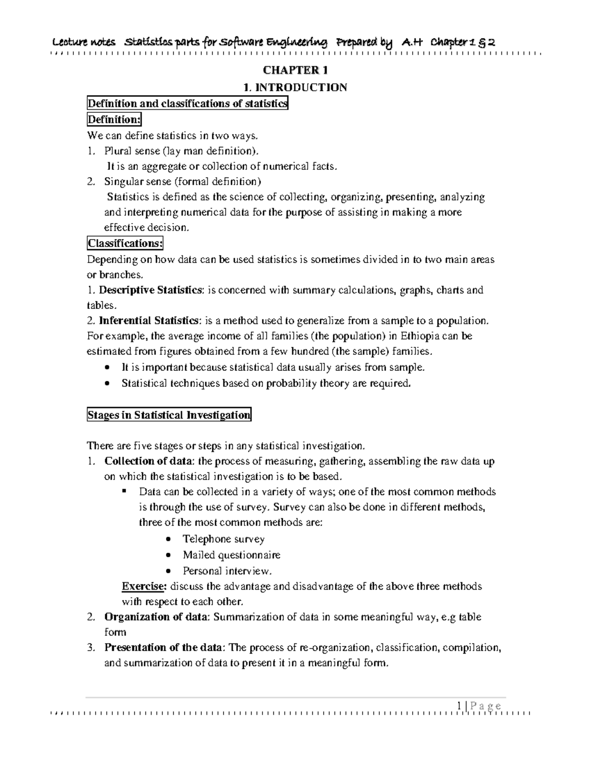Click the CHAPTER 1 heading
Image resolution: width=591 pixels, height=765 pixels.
(x=295, y=70)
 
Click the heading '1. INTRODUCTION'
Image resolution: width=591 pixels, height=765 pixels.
(x=295, y=87)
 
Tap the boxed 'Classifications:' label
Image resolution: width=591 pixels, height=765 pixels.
(x=125, y=243)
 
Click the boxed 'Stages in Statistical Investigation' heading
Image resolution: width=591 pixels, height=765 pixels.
(x=169, y=415)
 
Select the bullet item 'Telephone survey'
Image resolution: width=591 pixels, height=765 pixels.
(x=224, y=539)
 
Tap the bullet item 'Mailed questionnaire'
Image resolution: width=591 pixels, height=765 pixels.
(x=231, y=555)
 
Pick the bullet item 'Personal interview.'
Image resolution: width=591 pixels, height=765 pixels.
(x=228, y=571)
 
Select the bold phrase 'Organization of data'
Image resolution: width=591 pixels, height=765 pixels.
(x=157, y=617)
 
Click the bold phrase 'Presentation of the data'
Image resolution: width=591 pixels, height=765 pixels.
(x=164, y=647)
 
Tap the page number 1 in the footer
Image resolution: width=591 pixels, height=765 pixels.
(x=459, y=706)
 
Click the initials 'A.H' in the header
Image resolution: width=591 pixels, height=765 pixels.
(x=413, y=43)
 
